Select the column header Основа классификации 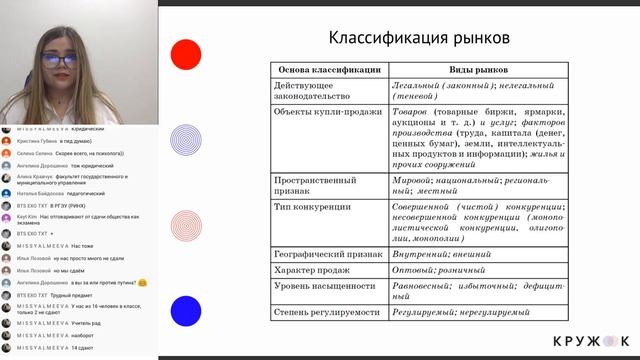pos(327,70)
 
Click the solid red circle pos(185,55)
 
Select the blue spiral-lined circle pos(185,141)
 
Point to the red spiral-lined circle pos(185,227)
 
